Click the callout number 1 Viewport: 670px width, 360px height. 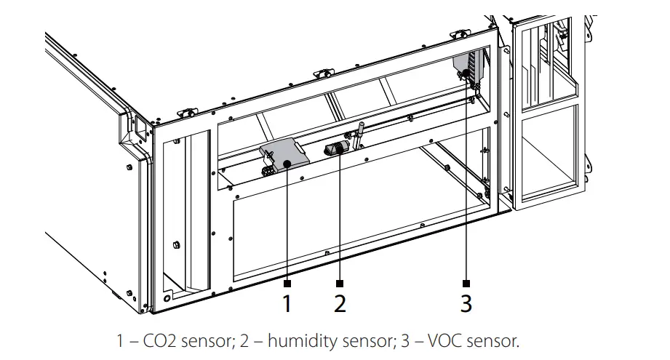pos(287,303)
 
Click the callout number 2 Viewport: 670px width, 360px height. pos(340,303)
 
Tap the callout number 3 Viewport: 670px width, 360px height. pos(466,303)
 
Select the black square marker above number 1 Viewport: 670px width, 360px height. pos(287,282)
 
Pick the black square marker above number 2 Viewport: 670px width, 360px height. pos(340,282)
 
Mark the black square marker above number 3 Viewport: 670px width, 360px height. pos(466,282)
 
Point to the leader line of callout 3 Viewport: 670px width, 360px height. pos(466,182)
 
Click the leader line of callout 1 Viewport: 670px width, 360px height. pos(287,225)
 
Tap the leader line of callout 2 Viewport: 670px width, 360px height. pos(340,218)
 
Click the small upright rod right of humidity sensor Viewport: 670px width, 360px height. pos(359,132)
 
